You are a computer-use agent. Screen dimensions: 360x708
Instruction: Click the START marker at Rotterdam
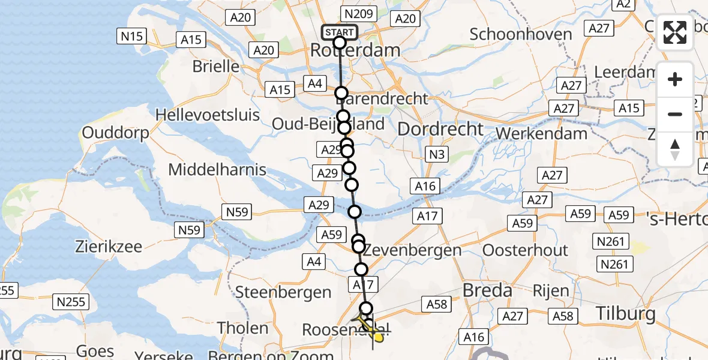point(340,32)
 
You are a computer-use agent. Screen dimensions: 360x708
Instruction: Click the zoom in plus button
point(675,79)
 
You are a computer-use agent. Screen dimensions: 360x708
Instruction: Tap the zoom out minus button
point(675,114)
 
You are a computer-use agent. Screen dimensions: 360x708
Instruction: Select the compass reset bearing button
point(675,148)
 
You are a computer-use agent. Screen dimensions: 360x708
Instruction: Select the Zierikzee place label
point(108,246)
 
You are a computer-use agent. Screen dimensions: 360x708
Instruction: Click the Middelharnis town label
point(217,170)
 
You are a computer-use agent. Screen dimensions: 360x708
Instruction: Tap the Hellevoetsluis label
point(208,115)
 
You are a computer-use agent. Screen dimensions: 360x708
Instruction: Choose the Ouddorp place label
point(115,133)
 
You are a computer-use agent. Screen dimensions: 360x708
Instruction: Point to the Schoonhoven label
point(521,34)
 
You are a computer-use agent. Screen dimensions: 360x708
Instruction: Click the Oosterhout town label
point(525,250)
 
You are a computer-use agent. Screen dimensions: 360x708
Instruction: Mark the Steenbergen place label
point(284,292)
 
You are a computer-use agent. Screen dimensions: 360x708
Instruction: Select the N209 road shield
point(359,13)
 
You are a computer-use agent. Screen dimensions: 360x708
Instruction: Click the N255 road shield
point(70,302)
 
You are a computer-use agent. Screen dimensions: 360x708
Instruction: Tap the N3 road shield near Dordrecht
point(437,155)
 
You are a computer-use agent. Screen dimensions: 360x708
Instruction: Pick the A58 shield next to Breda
point(437,304)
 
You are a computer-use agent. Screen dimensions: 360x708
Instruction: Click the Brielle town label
point(216,66)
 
